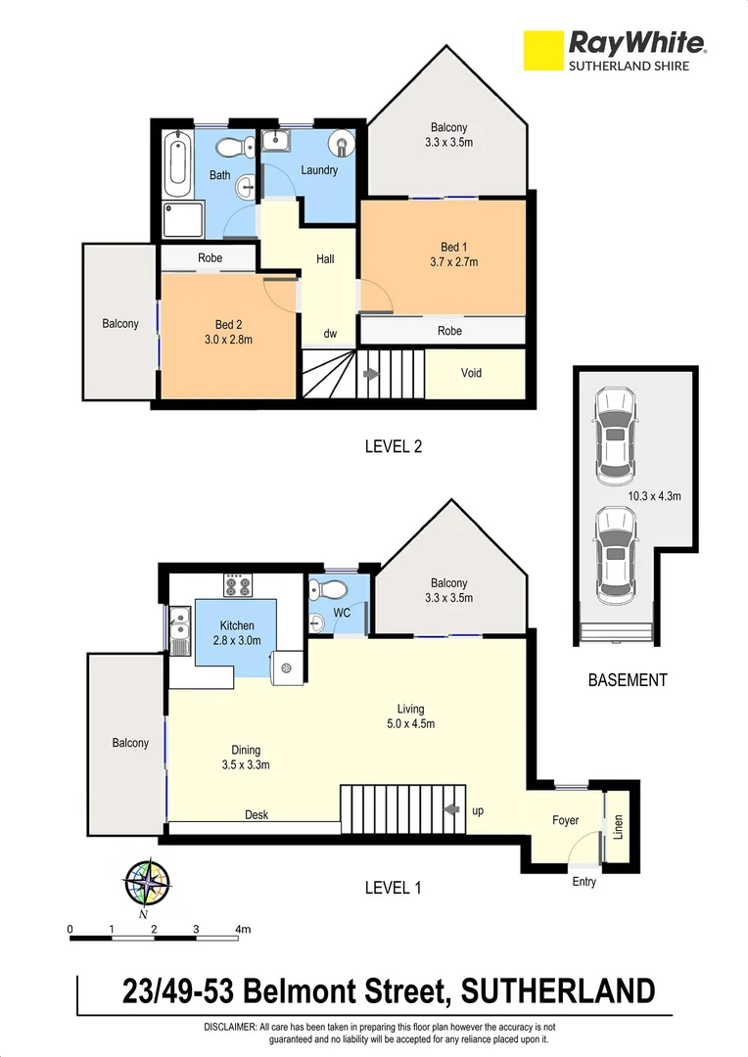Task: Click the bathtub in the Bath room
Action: tap(176, 165)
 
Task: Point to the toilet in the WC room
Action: tap(325, 592)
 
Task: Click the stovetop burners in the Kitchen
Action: tap(238, 586)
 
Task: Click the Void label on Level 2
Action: tap(471, 373)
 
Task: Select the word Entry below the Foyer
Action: tap(584, 882)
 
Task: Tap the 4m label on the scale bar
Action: tap(242, 929)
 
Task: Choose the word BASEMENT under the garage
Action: tap(627, 679)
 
